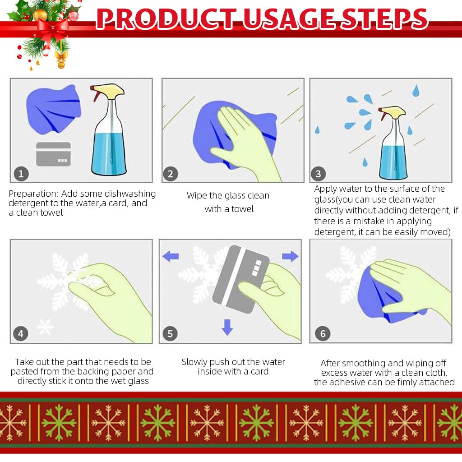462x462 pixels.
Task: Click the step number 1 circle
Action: pos(21,173)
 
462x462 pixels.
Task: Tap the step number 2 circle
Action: pos(170,174)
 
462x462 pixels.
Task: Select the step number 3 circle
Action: pos(318,174)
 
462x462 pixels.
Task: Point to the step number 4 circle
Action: pos(21,334)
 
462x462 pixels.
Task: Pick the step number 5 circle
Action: pos(170,334)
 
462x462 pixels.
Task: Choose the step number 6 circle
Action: pos(323,334)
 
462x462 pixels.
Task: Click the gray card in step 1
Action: pos(53,154)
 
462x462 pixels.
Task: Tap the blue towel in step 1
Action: pos(53,109)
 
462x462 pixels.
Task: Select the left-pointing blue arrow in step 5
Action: pos(171,257)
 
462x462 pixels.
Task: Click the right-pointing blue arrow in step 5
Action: pos(290,256)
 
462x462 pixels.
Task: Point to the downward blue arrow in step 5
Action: pos(227,327)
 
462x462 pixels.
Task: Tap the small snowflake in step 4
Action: pos(45,327)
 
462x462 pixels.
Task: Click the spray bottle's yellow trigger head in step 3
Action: pos(394,111)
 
